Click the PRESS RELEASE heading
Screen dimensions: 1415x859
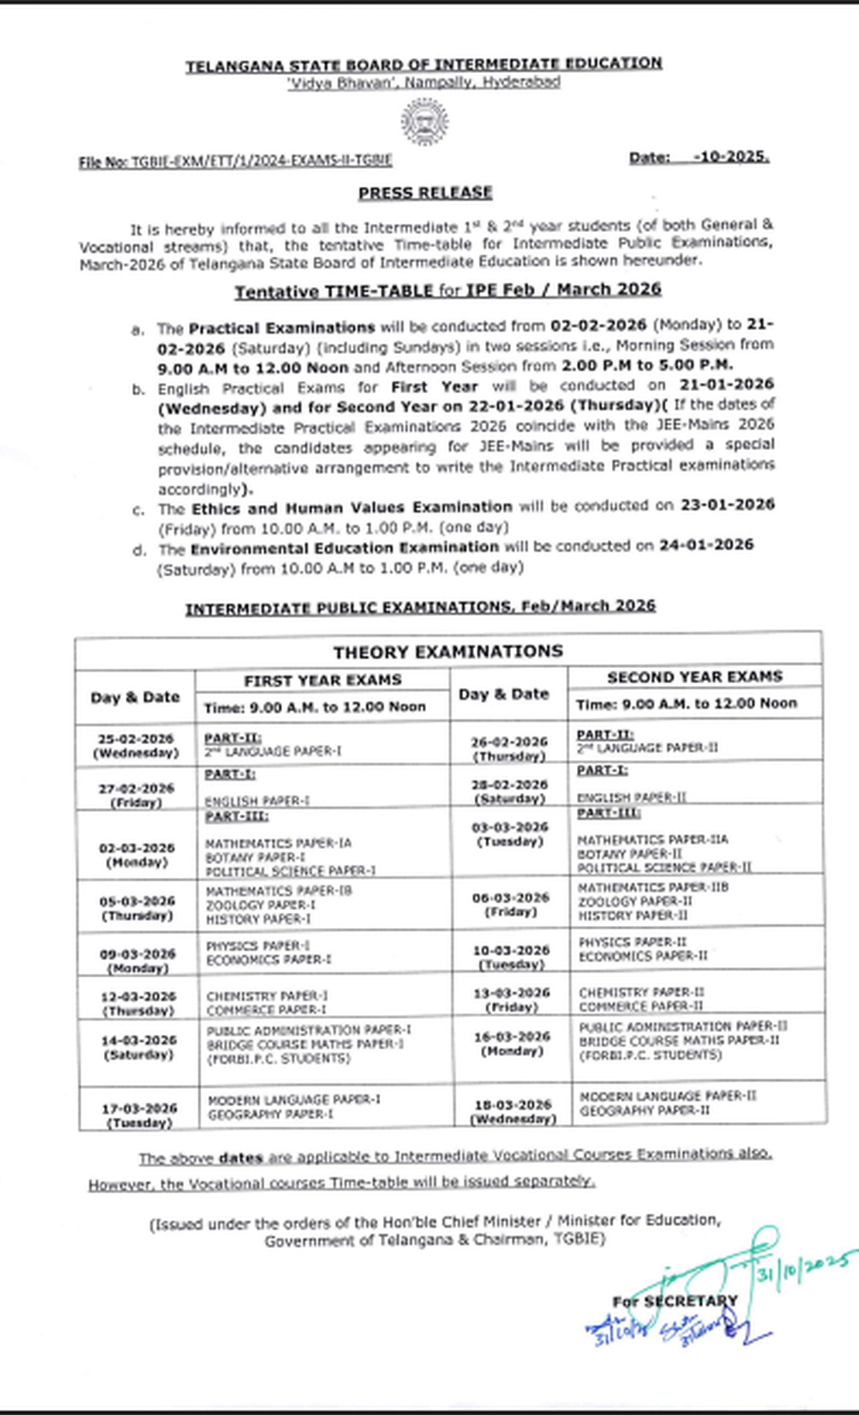[x=425, y=193]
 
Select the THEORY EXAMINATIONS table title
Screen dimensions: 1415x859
[x=448, y=652]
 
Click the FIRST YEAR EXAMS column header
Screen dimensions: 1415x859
[x=323, y=680]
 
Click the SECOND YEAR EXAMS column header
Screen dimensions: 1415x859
[x=695, y=677]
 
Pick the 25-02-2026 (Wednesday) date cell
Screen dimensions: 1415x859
[x=136, y=745]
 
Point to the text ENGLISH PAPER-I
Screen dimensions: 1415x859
[x=257, y=801]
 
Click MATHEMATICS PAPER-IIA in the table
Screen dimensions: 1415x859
[x=652, y=839]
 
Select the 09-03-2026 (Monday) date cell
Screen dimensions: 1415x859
[x=137, y=961]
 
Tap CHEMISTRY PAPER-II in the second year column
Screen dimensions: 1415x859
[x=641, y=993]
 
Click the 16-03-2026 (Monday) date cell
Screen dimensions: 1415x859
[x=512, y=1044]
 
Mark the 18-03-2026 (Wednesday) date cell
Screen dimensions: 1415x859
[x=513, y=1111]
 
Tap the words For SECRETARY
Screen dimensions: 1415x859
[x=674, y=1302]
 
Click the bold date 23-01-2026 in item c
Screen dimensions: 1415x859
[x=727, y=505]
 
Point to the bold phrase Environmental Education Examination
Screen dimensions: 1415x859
[x=344, y=548]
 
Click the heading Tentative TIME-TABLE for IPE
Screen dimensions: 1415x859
[x=447, y=290]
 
